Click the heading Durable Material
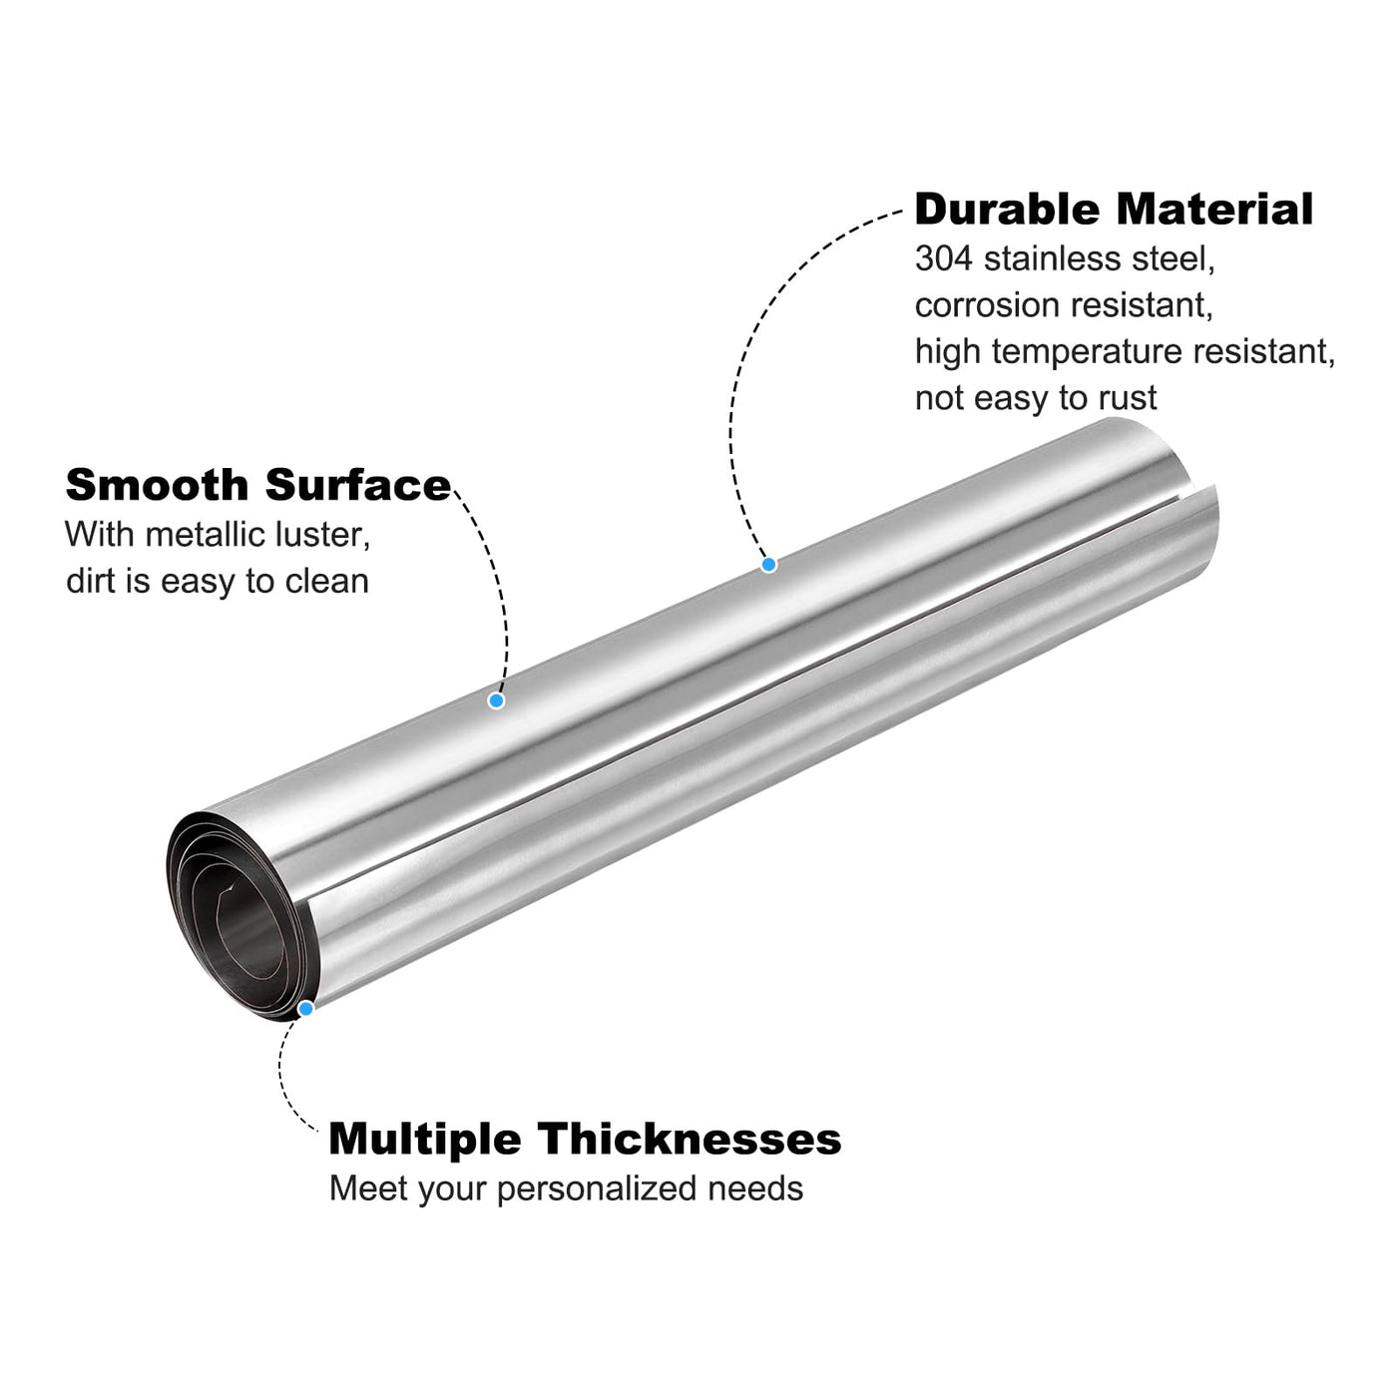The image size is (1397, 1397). coord(1114,210)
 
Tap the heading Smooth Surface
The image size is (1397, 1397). coord(258,484)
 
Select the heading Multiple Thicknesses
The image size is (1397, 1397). coord(585,1139)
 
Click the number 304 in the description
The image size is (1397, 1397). coord(943,258)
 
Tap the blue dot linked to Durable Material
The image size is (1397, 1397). coord(768,564)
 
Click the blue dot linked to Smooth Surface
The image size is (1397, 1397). coord(497,700)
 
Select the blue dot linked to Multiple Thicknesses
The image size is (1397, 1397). coord(306,1009)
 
